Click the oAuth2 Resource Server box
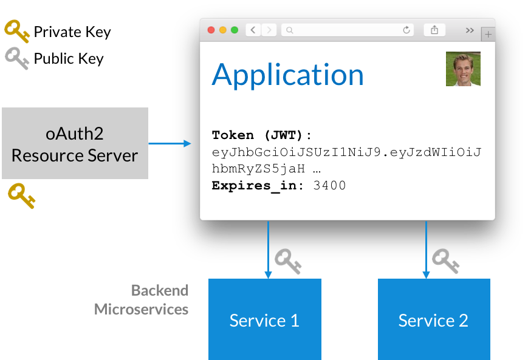pos(75,143)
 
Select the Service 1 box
pos(264,319)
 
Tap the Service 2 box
pos(433,319)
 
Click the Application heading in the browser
pos(287,74)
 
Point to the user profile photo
pos(463,69)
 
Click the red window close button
pos(211,30)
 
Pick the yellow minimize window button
pos(223,30)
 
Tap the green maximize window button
pos(235,30)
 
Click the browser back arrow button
pos(253,30)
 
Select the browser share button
pos(434,30)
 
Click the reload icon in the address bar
pos(406,30)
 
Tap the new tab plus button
pos(489,35)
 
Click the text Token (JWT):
pos(262,135)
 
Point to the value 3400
pos(329,186)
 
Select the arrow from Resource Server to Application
pos(170,144)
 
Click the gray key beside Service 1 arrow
pos(287,260)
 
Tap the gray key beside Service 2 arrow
pos(445,260)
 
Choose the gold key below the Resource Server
pos(21,197)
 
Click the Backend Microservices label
pos(142,300)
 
